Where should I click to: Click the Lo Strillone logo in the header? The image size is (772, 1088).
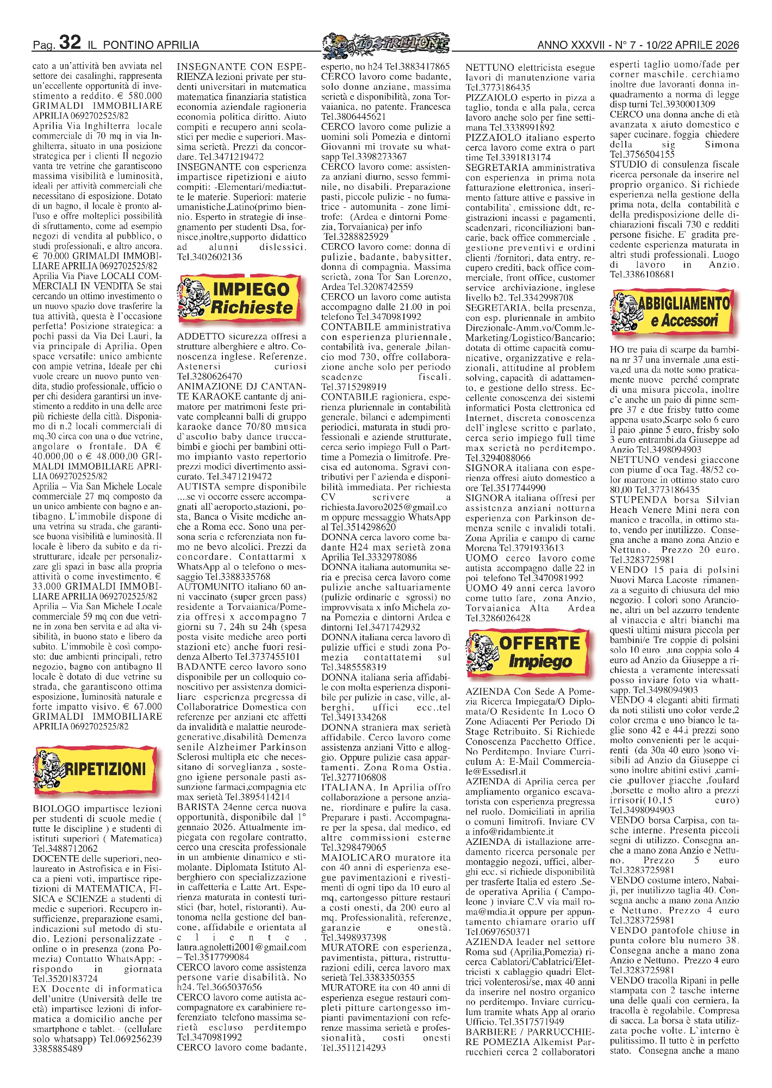point(385,43)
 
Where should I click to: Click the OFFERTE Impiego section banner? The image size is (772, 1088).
point(528,652)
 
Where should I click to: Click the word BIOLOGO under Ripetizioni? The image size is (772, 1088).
point(56,809)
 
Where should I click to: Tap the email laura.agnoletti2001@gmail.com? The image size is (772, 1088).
point(241,947)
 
